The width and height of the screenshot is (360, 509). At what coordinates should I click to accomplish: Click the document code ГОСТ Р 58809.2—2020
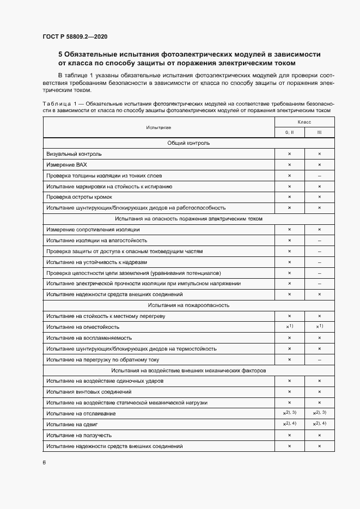pos(75,37)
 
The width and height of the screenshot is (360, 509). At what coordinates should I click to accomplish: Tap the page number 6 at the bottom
pos(44,462)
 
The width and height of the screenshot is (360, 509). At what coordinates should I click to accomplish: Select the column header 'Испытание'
pos(158,127)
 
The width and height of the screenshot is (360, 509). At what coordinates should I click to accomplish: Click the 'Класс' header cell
pos(304,122)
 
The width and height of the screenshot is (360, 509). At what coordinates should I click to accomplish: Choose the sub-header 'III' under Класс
pos(319,132)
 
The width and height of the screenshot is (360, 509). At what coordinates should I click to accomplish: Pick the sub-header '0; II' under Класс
pos(289,132)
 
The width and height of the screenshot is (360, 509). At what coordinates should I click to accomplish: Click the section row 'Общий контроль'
pos(188,143)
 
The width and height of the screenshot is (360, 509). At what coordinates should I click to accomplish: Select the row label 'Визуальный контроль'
pos(74,154)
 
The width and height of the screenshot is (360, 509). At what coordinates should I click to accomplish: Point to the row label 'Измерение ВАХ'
pos(66,164)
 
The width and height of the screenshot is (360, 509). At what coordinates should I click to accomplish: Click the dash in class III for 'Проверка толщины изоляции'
pos(319,175)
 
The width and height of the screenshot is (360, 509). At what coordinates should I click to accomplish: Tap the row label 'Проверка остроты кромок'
pos(80,197)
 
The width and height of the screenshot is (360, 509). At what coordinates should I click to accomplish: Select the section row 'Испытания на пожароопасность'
pos(188,305)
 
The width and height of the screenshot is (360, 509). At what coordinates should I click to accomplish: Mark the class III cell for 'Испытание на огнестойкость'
pos(319,327)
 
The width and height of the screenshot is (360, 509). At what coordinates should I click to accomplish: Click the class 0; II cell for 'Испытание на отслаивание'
pos(289,413)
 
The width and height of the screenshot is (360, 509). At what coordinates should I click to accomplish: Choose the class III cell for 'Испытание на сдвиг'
pos(319,424)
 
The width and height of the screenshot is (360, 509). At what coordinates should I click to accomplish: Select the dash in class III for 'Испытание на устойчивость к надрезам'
pos(319,262)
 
